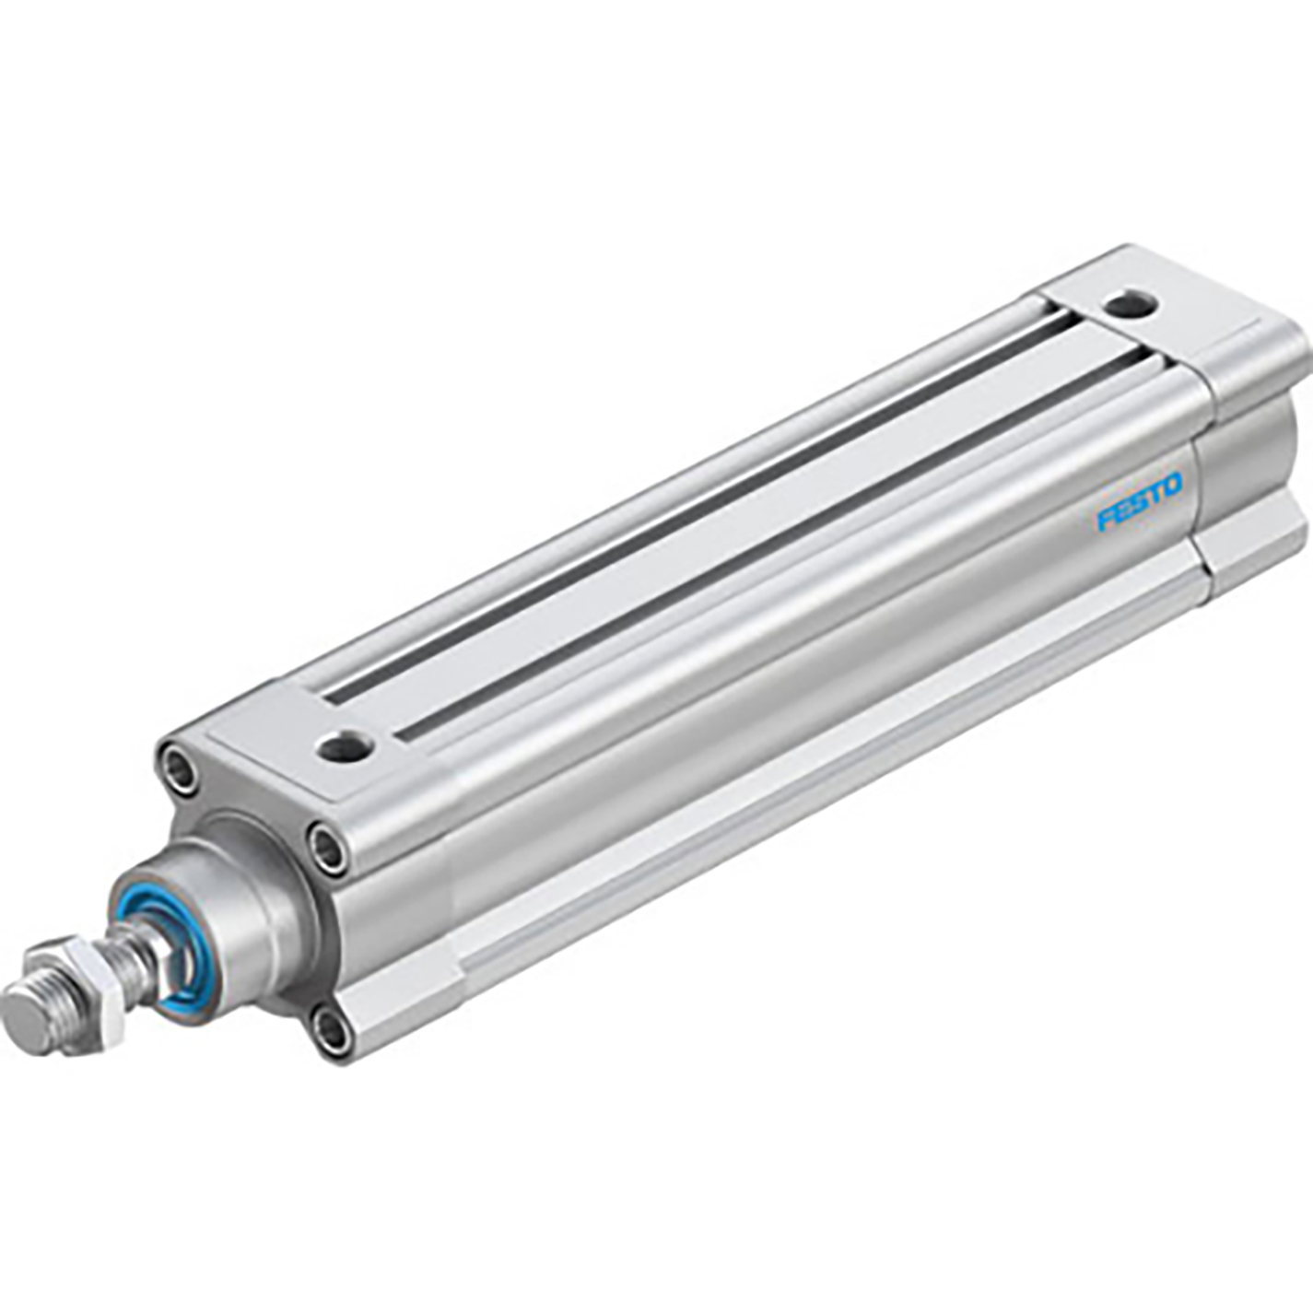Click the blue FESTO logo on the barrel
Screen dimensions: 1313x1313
coord(1139,502)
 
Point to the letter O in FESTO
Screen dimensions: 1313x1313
coord(1171,486)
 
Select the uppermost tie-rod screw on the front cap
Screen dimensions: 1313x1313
coord(179,768)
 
